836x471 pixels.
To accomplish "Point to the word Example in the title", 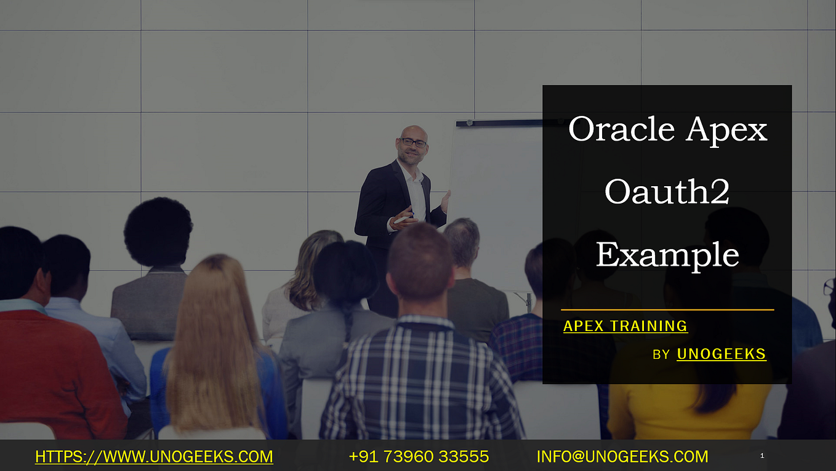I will point(667,255).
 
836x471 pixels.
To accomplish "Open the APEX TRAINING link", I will point(625,326).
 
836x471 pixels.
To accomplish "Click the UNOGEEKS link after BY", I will point(721,354).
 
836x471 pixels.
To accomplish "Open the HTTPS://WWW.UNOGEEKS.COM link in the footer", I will point(154,457).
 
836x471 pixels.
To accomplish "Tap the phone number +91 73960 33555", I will point(419,457).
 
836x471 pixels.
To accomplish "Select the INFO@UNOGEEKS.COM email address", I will point(622,457).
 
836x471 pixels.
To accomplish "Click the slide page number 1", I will point(762,456).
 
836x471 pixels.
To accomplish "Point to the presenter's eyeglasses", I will point(413,142).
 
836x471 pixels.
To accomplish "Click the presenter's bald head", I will point(413,131).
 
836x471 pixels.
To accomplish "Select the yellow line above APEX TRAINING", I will point(667,309).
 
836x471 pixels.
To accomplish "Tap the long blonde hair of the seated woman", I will point(212,345).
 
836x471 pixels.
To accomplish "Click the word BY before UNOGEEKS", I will point(661,354).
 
